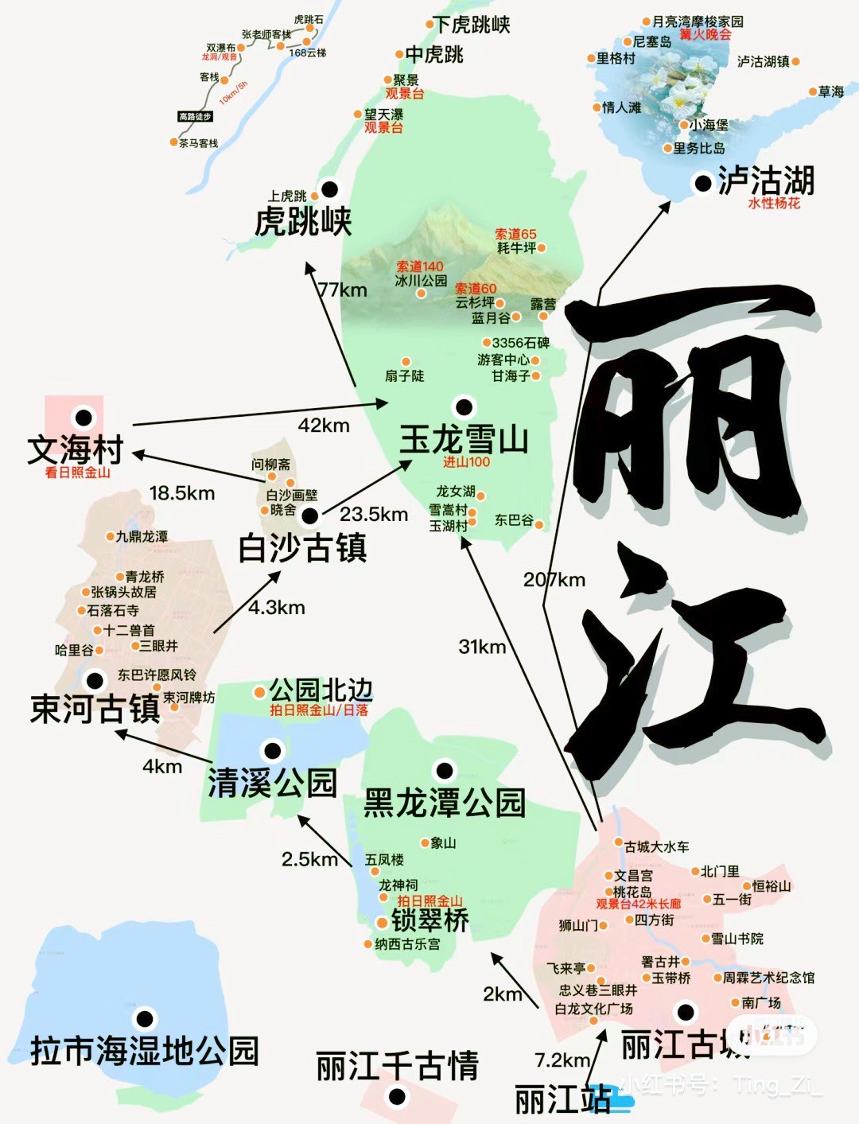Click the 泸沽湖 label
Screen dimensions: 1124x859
[766, 181]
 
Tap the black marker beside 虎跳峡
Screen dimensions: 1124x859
[328, 189]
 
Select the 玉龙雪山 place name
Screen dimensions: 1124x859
[464, 439]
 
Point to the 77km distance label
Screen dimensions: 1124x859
[342, 290]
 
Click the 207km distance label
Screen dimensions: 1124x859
[554, 580]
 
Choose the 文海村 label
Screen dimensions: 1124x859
[75, 449]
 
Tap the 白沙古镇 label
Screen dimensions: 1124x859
[302, 548]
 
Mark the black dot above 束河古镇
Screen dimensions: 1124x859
[95, 680]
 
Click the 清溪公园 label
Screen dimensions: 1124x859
[273, 783]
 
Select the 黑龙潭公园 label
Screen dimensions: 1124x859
[445, 803]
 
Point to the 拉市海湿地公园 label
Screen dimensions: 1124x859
[145, 1051]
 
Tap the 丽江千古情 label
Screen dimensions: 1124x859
[397, 1066]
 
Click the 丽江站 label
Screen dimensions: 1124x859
[562, 1100]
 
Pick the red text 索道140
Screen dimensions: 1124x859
[420, 266]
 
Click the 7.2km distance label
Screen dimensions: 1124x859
[562, 1060]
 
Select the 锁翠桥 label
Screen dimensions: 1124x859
[429, 920]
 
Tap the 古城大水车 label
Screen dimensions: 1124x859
[657, 846]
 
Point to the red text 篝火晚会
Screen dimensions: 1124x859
[705, 34]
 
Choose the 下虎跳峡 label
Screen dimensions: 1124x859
[472, 25]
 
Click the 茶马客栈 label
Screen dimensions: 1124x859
[198, 143]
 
